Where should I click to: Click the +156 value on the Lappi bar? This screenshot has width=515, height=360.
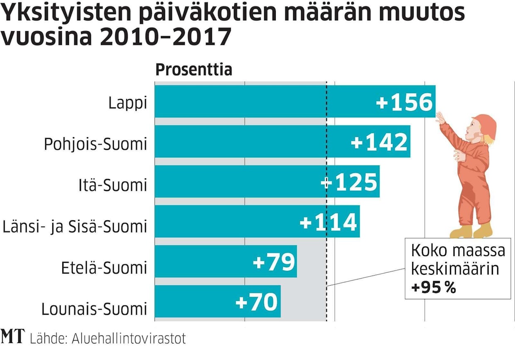pos(405,102)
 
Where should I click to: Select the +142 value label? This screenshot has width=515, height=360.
pos(380,142)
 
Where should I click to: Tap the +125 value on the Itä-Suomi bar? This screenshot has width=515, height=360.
pos(349,182)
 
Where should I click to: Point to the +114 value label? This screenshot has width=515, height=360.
pos(329,222)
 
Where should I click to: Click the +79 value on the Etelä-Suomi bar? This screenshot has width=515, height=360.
pos(274,262)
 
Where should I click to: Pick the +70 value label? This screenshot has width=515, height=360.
pos(256,302)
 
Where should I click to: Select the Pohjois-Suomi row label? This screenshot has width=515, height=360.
pos(96,144)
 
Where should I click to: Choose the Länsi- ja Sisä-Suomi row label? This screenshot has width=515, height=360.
pos(75,227)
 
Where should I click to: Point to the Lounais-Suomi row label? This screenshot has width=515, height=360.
pos(94,309)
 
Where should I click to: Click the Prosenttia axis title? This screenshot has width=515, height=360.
pos(194,70)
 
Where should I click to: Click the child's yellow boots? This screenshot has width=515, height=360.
pos(471,231)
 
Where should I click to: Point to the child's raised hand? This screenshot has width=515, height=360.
pos(440,118)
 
